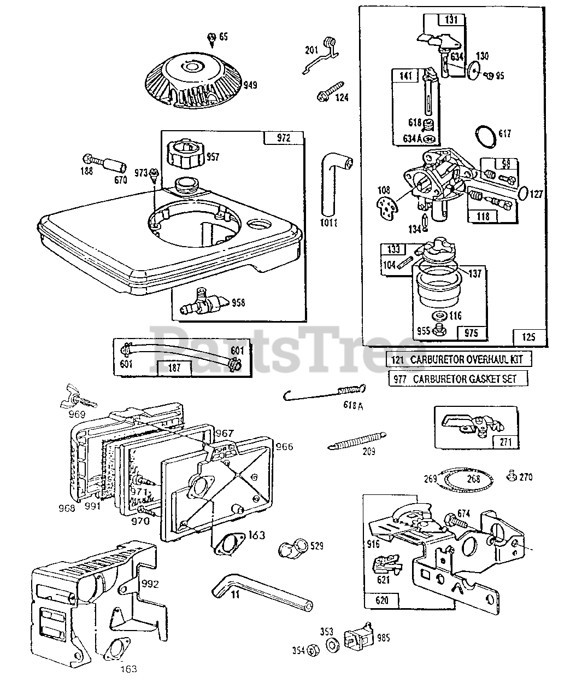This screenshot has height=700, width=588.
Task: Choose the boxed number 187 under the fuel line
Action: pos(174,367)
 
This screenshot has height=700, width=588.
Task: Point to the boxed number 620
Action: pos(382,600)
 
